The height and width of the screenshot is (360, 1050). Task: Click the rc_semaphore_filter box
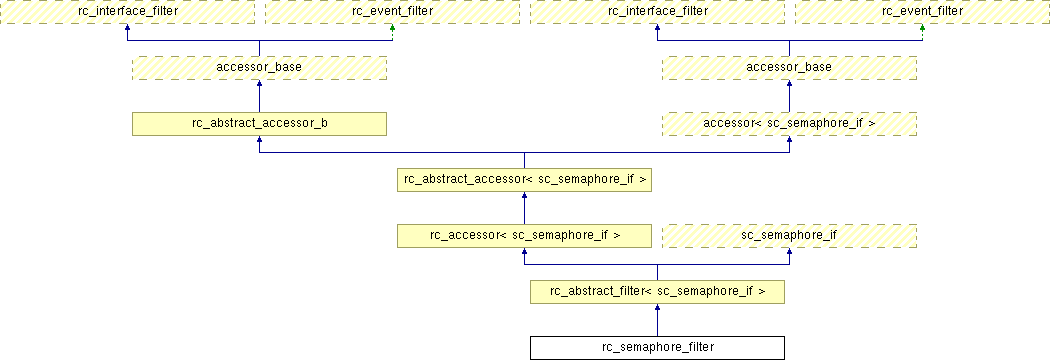[657, 348]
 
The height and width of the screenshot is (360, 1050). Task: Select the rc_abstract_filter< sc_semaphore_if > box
[657, 292]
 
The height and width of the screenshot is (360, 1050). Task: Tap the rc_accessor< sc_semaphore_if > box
[524, 236]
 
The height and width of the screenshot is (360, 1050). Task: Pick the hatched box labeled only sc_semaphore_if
[789, 236]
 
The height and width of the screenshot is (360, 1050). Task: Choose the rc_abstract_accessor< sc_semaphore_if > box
[524, 179]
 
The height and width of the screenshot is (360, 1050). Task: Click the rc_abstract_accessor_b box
[259, 124]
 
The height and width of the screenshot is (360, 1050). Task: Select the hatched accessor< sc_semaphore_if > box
[789, 124]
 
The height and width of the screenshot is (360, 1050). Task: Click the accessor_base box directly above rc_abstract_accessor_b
[259, 68]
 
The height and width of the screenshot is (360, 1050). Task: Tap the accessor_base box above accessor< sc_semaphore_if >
[789, 68]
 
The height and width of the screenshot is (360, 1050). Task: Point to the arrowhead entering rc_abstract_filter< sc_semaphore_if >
[657, 306]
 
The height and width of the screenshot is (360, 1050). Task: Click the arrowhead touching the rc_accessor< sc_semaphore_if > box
[524, 251]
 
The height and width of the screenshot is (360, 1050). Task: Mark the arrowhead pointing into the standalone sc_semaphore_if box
[789, 251]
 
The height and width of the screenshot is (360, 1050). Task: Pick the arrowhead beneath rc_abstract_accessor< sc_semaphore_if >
[524, 195]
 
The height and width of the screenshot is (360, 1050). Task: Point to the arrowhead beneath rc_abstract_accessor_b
[259, 139]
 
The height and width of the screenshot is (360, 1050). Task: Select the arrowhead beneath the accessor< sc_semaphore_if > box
[789, 139]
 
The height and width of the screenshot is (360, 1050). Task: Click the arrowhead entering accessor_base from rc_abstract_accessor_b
[259, 83]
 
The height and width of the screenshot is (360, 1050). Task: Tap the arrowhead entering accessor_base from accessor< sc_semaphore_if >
[789, 83]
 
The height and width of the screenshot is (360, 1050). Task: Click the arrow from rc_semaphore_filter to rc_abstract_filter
[657, 320]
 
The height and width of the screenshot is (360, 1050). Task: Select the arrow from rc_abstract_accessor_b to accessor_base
[259, 96]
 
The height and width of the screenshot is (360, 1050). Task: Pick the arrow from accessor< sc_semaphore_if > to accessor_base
[789, 96]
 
